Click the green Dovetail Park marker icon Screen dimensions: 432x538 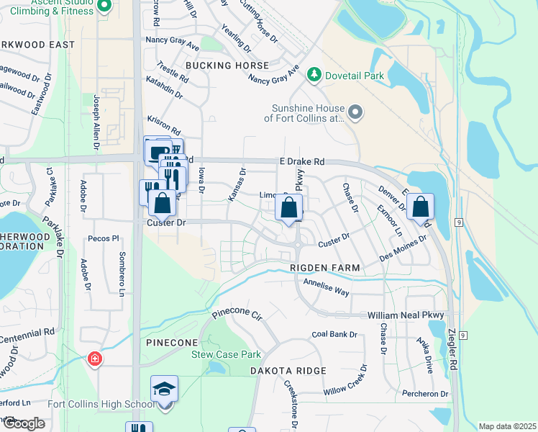(x=314, y=74)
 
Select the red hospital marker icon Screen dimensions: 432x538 (x=94, y=358)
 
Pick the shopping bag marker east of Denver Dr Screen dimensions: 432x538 (x=420, y=207)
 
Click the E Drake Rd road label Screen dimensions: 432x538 (x=303, y=163)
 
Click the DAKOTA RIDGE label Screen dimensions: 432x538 (x=288, y=370)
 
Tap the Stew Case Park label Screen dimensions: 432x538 (x=226, y=354)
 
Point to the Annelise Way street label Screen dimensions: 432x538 (x=326, y=287)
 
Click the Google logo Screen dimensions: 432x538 (x=24, y=423)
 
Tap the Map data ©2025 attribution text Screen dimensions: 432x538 (x=507, y=426)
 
